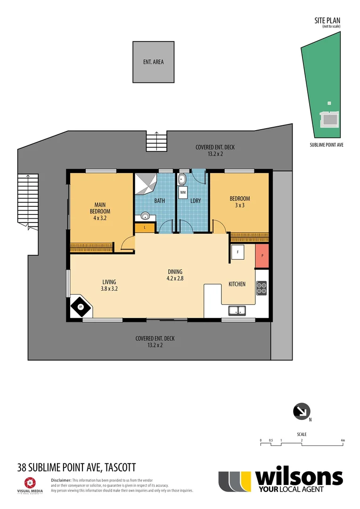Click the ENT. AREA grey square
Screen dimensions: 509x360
click(153, 62)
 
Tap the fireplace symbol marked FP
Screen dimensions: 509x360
click(81, 307)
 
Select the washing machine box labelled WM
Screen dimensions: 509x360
click(183, 192)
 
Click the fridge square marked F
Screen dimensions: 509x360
click(237, 252)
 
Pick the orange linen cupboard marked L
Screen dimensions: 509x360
click(145, 228)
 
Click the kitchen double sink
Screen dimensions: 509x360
click(237, 310)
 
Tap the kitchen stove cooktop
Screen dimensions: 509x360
click(261, 287)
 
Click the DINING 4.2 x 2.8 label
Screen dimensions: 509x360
click(175, 275)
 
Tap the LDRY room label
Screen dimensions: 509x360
click(196, 201)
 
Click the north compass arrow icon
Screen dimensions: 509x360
click(301, 411)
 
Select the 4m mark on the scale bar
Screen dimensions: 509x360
click(343, 441)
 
